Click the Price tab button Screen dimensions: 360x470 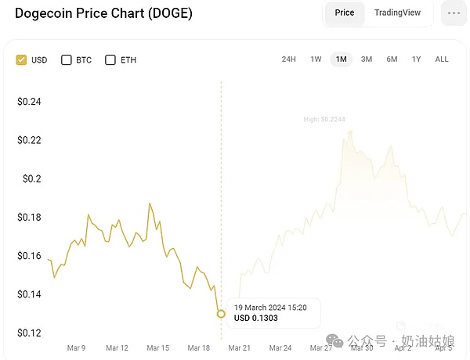(x=345, y=13)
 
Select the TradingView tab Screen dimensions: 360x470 (x=397, y=13)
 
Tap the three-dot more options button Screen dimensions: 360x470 (x=454, y=13)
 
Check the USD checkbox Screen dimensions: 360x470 (x=21, y=59)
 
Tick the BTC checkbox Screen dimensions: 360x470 (x=67, y=59)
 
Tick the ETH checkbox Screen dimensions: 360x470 (x=110, y=59)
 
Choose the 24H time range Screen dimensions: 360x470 (x=288, y=59)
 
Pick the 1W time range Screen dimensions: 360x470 (x=316, y=59)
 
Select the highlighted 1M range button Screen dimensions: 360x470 (x=341, y=59)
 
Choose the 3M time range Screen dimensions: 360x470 (x=367, y=59)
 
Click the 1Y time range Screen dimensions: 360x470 (x=416, y=59)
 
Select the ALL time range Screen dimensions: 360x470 (x=442, y=59)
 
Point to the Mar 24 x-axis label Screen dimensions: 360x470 (x=280, y=347)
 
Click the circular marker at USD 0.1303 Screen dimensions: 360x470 (x=221, y=314)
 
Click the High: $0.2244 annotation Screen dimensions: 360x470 (x=324, y=120)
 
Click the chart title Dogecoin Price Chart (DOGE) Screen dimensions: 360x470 (x=103, y=13)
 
